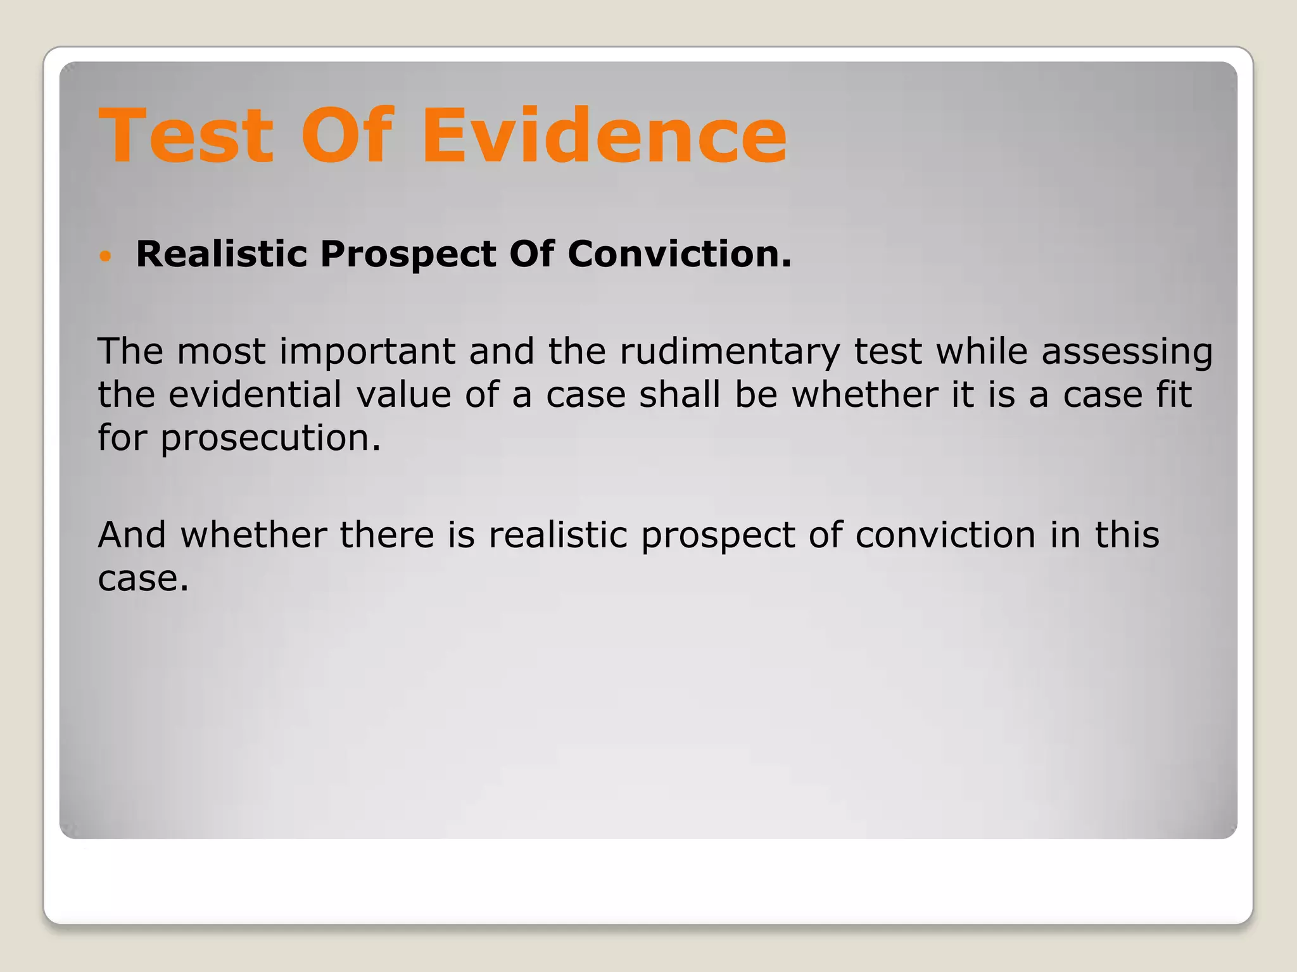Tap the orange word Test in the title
coord(186,135)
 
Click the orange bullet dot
coord(106,256)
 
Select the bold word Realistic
coord(221,254)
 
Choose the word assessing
coord(1127,352)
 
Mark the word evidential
coord(255,394)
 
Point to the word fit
coord(1174,394)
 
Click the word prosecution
coord(270,439)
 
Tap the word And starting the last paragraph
coord(132,535)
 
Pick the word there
coord(387,535)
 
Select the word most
coord(221,352)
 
